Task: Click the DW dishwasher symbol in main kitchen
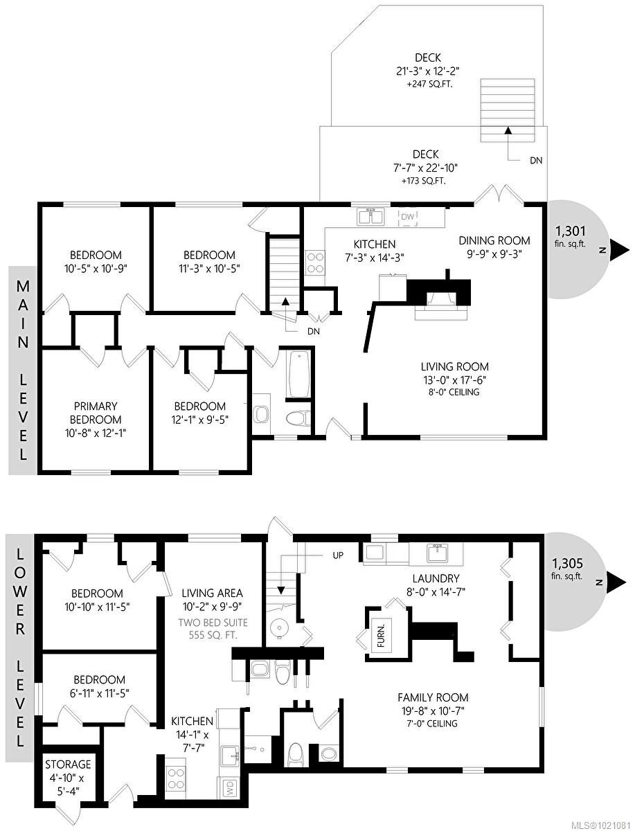(x=409, y=218)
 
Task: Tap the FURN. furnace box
(x=381, y=632)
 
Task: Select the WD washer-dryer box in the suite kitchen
(x=226, y=787)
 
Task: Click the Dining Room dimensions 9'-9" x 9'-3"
(x=494, y=253)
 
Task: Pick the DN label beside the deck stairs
(x=536, y=161)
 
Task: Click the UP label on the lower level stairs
(x=337, y=555)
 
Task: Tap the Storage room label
(x=68, y=765)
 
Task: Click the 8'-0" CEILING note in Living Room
(x=455, y=392)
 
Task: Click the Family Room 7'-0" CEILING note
(x=433, y=724)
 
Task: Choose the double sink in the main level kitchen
(x=372, y=217)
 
